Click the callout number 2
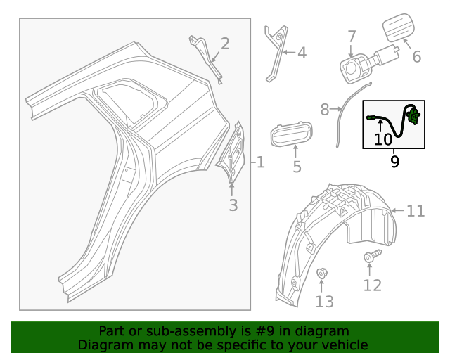[x=225, y=44]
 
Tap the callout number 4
[x=302, y=52]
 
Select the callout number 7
[x=352, y=37]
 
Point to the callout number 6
[x=416, y=56]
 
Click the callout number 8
[x=325, y=110]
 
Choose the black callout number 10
[x=382, y=139]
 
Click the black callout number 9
[x=394, y=162]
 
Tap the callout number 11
[x=416, y=210]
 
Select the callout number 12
[x=372, y=285]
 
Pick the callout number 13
[x=324, y=302]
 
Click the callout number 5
[x=297, y=167]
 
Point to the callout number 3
[x=233, y=205]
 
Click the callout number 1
[x=260, y=163]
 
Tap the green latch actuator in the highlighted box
[x=414, y=115]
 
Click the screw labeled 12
[x=370, y=257]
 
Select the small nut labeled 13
[x=321, y=273]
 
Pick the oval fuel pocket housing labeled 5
[x=290, y=132]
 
